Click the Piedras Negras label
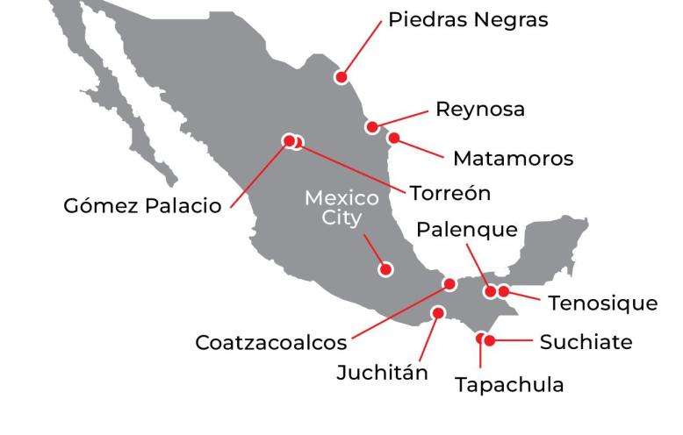pyautogui.click(x=469, y=19)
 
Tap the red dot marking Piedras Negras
pyautogui.click(x=341, y=77)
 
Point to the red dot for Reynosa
pyautogui.click(x=373, y=127)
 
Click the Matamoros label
pyautogui.click(x=513, y=159)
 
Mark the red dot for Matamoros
pyautogui.click(x=394, y=138)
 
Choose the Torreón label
pyautogui.click(x=450, y=192)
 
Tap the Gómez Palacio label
pyautogui.click(x=143, y=208)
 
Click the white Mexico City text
pyautogui.click(x=341, y=208)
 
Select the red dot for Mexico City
pyautogui.click(x=384, y=269)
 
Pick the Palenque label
pyautogui.click(x=467, y=231)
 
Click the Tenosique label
pyautogui.click(x=602, y=303)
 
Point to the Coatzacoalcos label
pyautogui.click(x=271, y=341)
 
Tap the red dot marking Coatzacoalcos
pyautogui.click(x=450, y=283)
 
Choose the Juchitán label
pyautogui.click(x=383, y=372)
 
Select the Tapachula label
pyautogui.click(x=509, y=384)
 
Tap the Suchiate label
pyautogui.click(x=586, y=341)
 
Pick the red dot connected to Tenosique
pyautogui.click(x=504, y=290)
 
